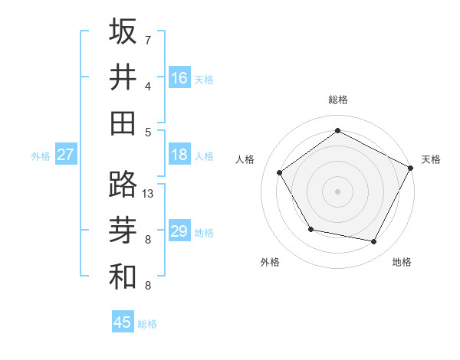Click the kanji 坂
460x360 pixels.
tap(123, 31)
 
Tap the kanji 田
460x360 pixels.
tap(123, 123)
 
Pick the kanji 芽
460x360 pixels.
tap(123, 230)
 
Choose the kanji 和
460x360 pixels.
tap(123, 276)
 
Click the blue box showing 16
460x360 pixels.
tap(179, 77)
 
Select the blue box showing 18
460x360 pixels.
tap(179, 155)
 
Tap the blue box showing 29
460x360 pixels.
tap(179, 231)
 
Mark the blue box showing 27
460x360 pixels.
tap(66, 155)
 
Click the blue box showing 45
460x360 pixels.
tap(123, 322)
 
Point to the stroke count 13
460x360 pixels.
tap(148, 194)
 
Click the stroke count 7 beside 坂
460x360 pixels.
tap(148, 40)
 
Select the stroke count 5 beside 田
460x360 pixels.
tap(148, 132)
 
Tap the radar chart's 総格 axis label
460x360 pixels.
tap(337, 100)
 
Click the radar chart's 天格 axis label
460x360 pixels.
tap(431, 159)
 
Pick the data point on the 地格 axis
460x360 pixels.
tap(374, 242)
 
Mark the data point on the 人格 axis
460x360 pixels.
tap(280, 172)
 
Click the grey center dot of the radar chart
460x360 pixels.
tap(337, 191)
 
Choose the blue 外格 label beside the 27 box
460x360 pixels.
tap(41, 155)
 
